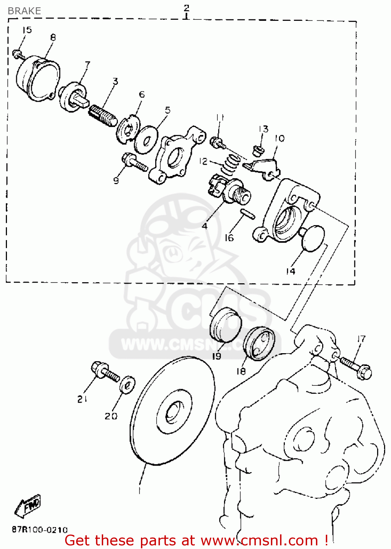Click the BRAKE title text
click(x=24, y=11)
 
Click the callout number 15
click(x=27, y=30)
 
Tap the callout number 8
click(x=53, y=37)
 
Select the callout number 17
click(x=361, y=339)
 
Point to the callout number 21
click(x=82, y=399)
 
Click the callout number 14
click(x=290, y=271)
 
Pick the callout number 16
click(x=229, y=238)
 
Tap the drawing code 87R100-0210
click(x=40, y=529)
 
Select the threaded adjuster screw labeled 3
click(x=103, y=114)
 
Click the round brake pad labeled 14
click(x=313, y=238)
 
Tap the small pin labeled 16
click(x=247, y=214)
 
